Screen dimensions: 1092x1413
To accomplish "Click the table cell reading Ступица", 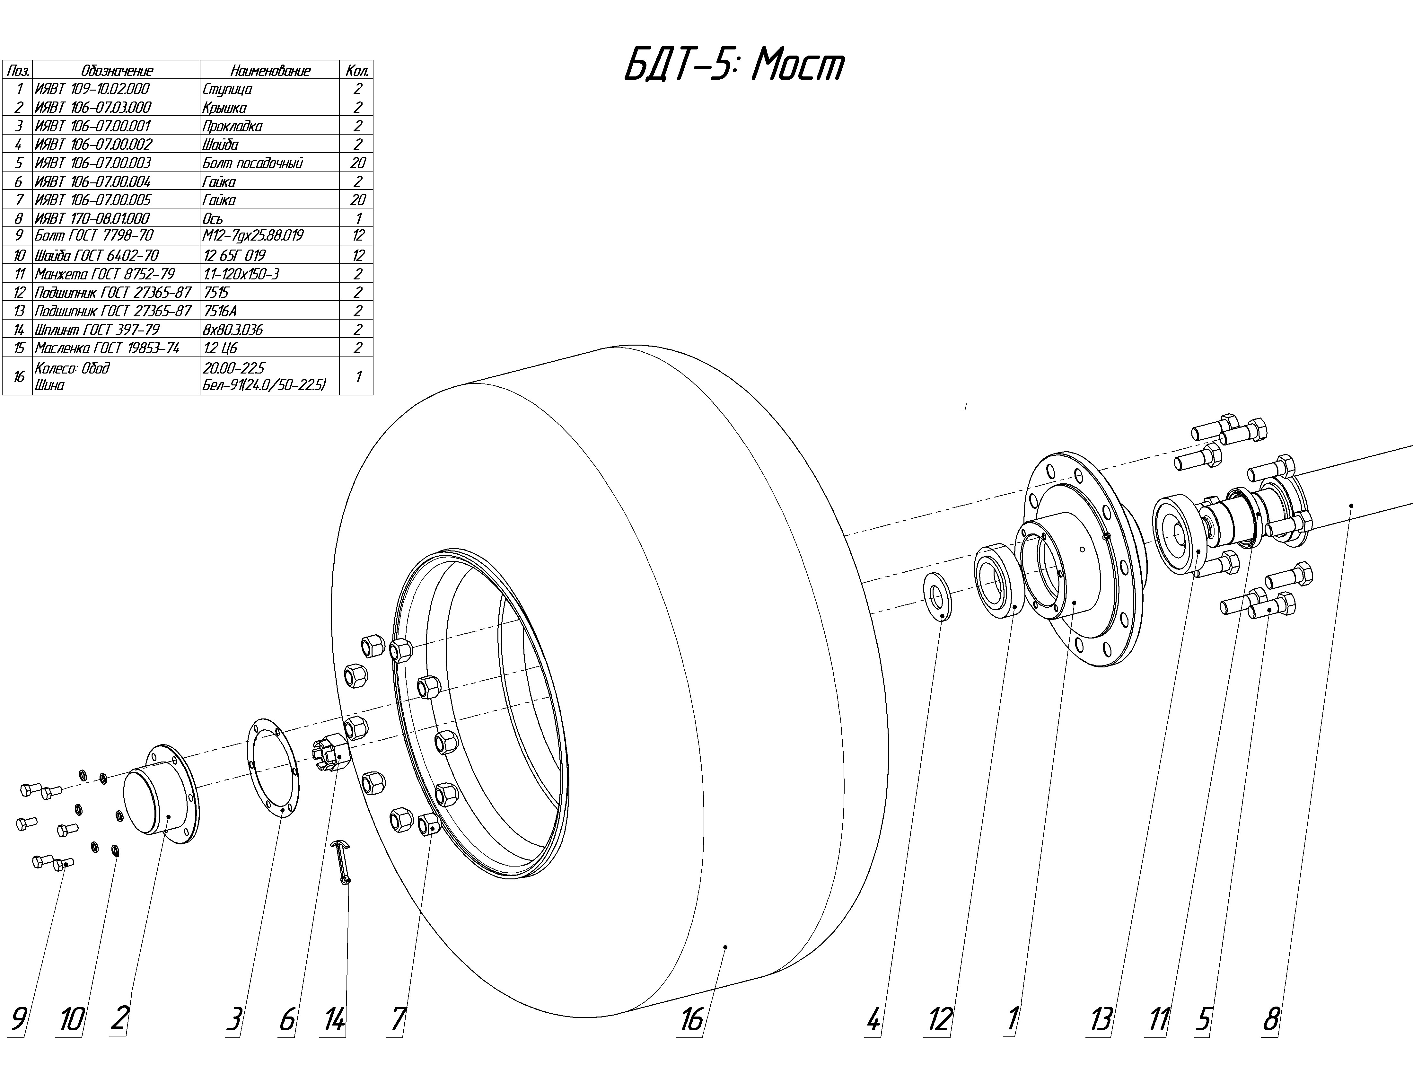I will tap(227, 89).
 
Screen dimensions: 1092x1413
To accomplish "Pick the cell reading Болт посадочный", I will tap(252, 163).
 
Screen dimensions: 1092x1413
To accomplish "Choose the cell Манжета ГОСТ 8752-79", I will tap(105, 274).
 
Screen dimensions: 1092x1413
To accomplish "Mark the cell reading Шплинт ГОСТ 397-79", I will tap(97, 329).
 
